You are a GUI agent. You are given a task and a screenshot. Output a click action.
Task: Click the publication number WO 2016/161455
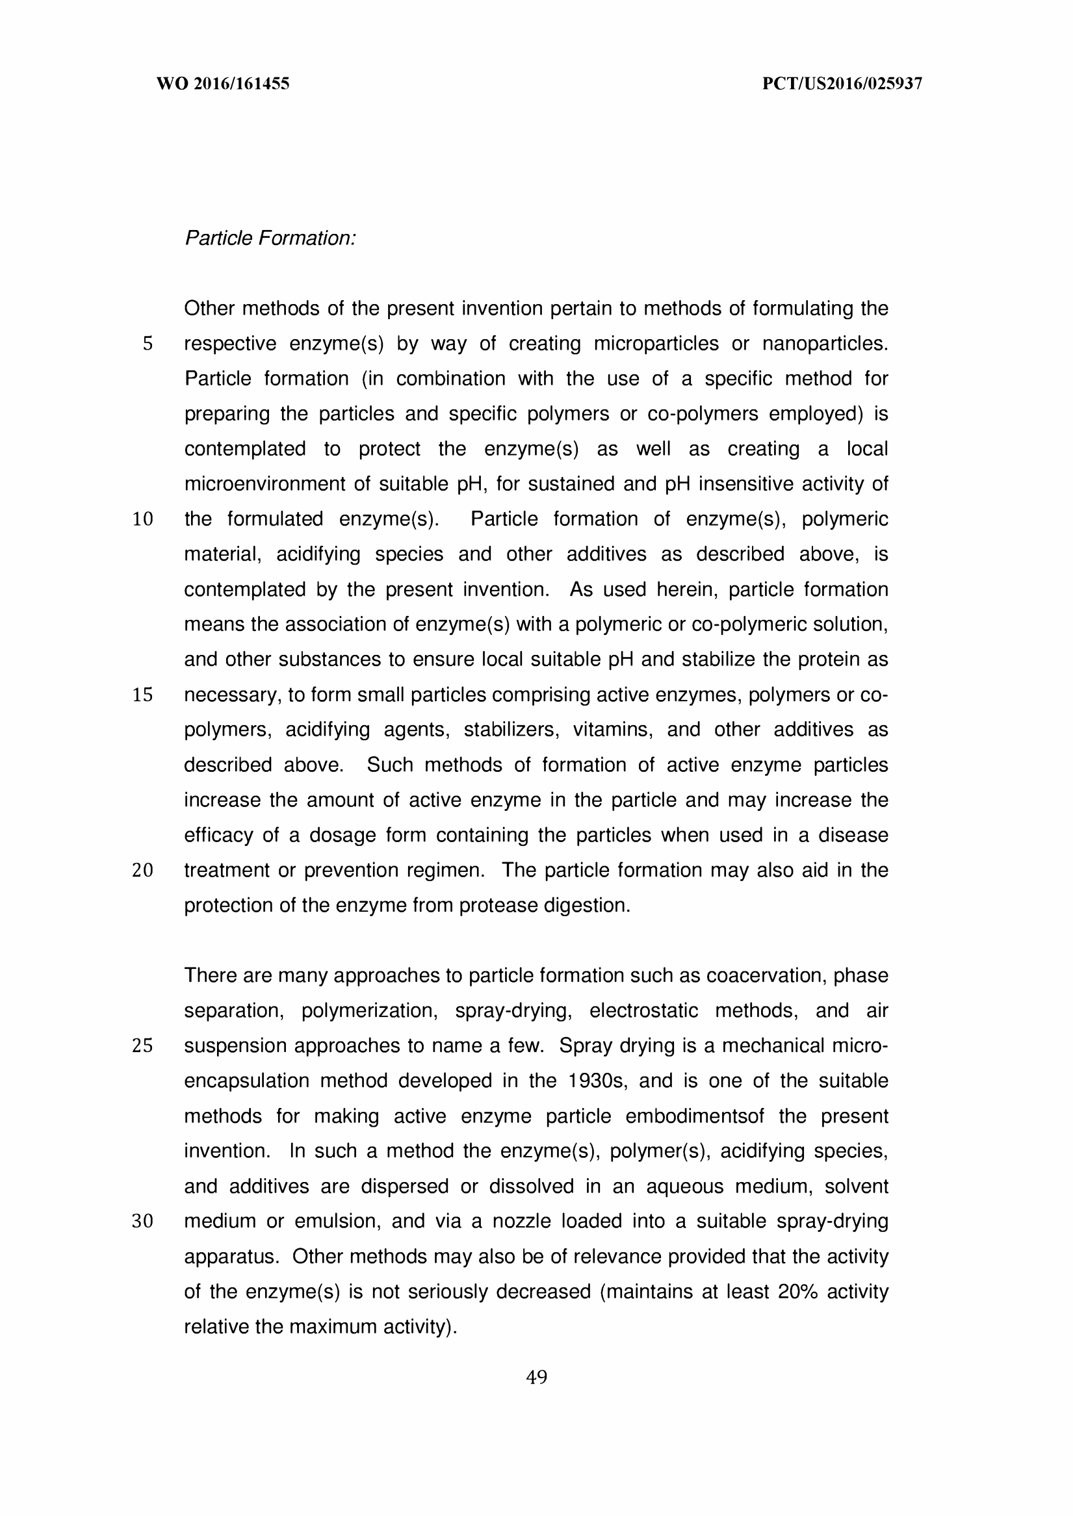[223, 84]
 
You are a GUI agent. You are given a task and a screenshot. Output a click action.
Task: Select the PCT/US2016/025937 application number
[842, 84]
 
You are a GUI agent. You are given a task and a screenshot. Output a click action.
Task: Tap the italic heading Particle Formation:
[270, 238]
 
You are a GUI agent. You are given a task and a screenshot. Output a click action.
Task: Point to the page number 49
[537, 1378]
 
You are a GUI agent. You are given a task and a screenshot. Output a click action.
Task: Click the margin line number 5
[148, 344]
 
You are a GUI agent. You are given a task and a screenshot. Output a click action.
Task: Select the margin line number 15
[143, 695]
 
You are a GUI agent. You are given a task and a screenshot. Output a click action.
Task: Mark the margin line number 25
[143, 1046]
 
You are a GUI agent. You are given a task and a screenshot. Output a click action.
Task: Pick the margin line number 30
[143, 1222]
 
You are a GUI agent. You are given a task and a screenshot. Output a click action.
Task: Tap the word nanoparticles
[825, 344]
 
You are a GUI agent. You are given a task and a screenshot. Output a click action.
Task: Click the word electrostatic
[643, 1011]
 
